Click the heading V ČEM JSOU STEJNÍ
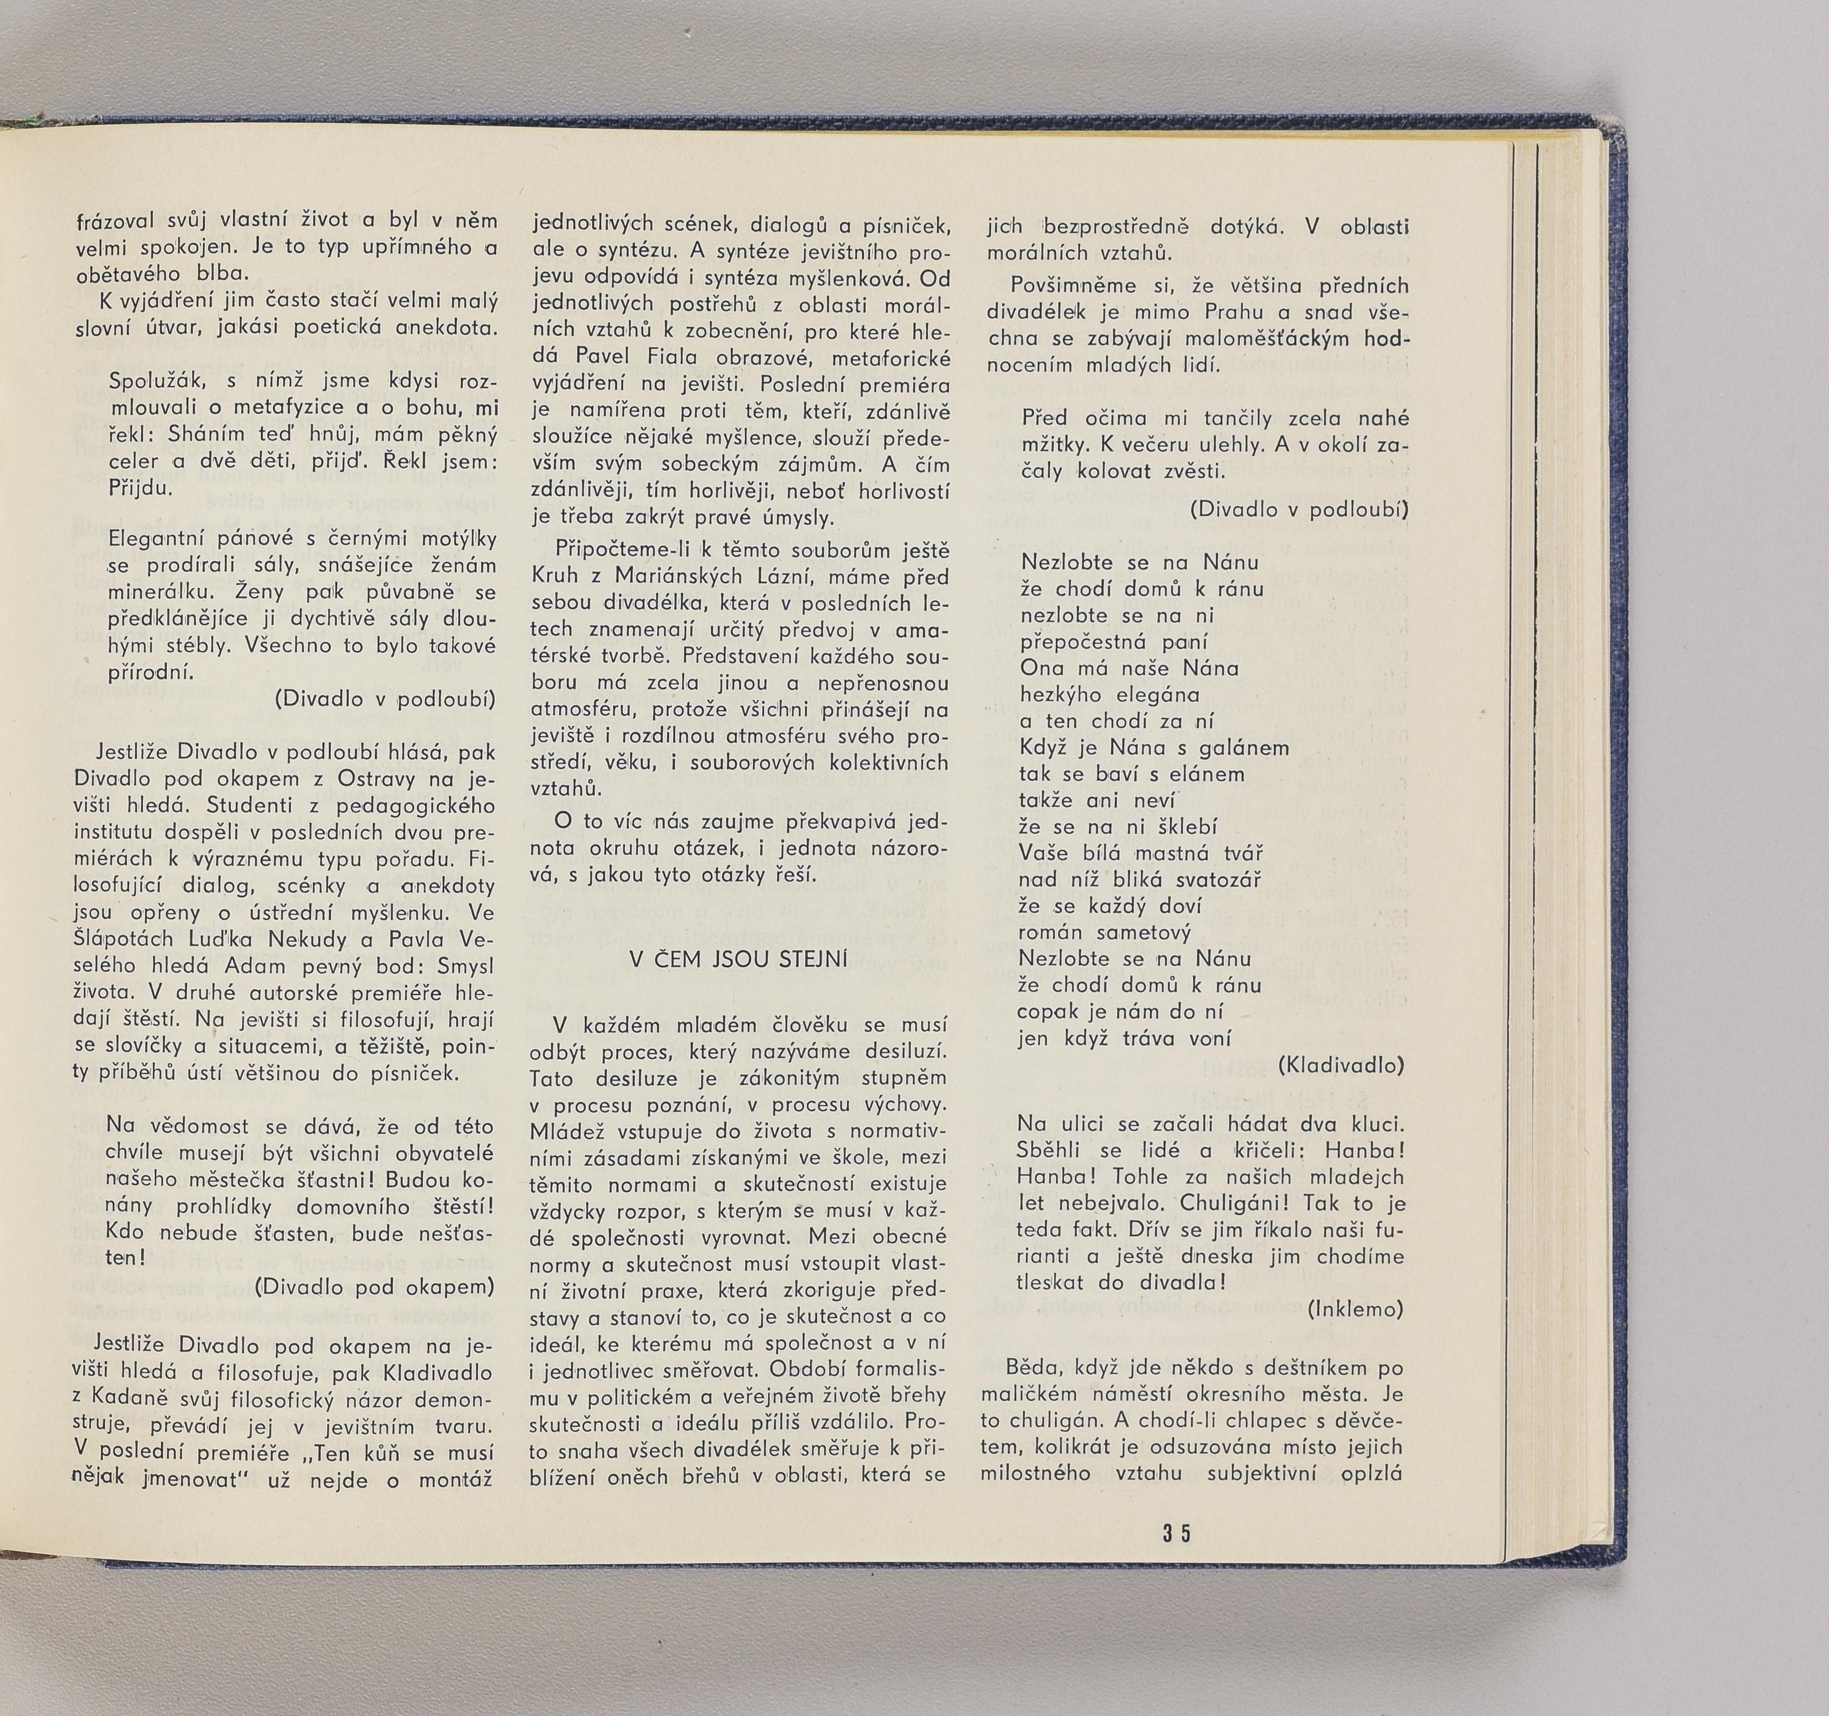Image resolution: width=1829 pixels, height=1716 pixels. click(738, 959)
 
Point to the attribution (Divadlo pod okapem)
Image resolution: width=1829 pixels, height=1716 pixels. click(374, 1286)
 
